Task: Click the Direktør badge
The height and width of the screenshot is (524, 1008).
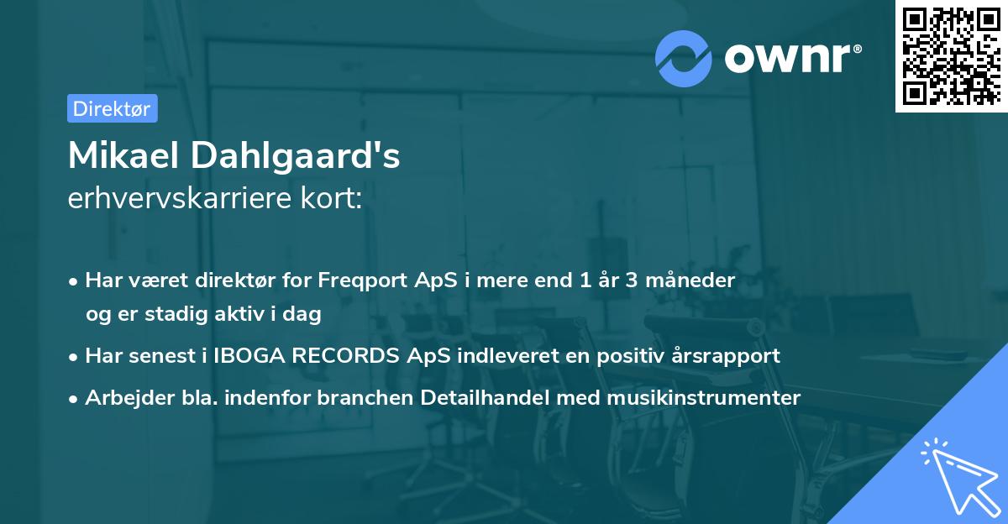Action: [112, 108]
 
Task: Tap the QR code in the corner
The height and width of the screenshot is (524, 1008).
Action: [949, 55]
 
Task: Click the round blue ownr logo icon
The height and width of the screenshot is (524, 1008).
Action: [683, 58]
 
